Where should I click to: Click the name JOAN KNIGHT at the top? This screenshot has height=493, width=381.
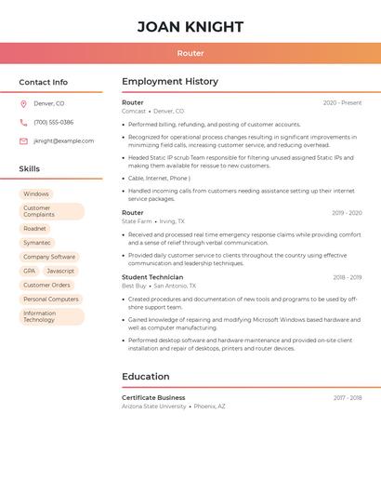(x=190, y=27)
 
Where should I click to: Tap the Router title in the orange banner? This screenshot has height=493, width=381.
(x=190, y=53)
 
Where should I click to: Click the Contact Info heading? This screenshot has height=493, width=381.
(x=43, y=82)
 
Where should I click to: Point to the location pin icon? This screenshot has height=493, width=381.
(x=23, y=103)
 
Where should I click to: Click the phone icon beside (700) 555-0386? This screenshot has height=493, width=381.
(x=23, y=122)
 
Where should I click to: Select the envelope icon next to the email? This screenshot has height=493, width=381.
(x=23, y=141)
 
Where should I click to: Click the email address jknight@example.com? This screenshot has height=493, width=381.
(x=64, y=141)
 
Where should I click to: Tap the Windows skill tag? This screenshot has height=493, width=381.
(x=36, y=194)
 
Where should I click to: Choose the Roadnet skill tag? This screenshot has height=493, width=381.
(x=34, y=228)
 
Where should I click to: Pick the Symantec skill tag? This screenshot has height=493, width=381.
(x=37, y=243)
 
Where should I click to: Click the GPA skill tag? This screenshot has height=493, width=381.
(x=29, y=271)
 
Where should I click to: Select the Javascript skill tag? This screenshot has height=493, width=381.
(x=60, y=271)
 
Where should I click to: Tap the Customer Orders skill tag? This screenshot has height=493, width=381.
(x=46, y=285)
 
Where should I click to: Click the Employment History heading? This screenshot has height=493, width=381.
(x=170, y=82)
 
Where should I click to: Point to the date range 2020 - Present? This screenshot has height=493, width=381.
(x=342, y=102)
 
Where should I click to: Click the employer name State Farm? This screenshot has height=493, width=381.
(x=137, y=221)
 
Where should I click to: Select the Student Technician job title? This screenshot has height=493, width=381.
(x=152, y=277)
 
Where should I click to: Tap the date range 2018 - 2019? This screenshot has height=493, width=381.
(x=347, y=277)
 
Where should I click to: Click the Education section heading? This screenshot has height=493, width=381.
(x=146, y=377)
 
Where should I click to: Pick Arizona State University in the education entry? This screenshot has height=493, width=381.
(x=154, y=406)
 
